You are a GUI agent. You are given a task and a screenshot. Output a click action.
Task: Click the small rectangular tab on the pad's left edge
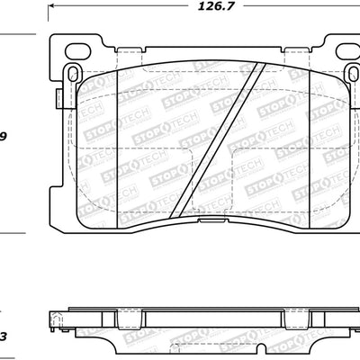pos(56,99)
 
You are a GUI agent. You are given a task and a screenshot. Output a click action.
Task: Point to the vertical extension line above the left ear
pos(46,22)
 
